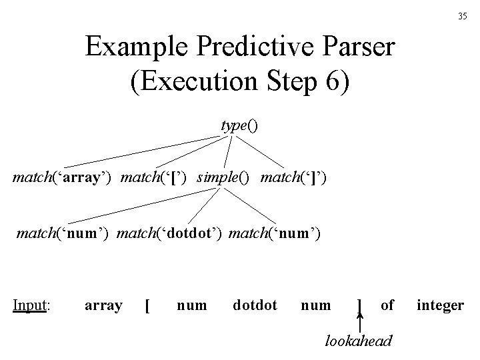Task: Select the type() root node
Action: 239,125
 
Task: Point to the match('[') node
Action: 161,178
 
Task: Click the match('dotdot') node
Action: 172,233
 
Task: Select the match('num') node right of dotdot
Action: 275,233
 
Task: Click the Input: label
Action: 33,305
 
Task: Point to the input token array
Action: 103,305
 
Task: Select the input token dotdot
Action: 255,305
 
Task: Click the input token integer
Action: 440,305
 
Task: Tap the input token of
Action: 387,305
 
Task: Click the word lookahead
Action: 359,341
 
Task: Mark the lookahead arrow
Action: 360,323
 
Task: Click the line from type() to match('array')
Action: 140,150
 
